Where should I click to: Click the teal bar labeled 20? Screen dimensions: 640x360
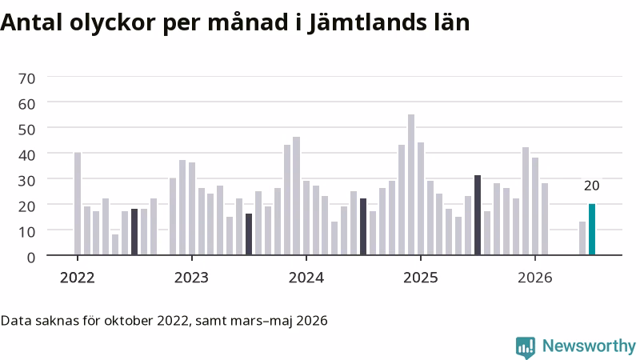coord(591,230)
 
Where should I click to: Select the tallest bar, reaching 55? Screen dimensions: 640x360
coord(411,185)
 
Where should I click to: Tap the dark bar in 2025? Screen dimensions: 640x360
coord(478,215)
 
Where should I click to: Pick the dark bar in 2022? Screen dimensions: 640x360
coord(134,232)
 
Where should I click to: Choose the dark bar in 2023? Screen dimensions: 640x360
coord(249,234)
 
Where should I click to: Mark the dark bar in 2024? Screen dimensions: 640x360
coord(363,227)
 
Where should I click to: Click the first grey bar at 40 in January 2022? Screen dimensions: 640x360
coord(78,204)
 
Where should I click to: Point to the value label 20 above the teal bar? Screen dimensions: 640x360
coord(591,186)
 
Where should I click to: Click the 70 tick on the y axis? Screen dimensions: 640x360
coord(26,78)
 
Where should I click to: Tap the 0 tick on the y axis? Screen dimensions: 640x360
coord(31,258)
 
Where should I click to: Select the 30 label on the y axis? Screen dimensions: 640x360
coord(26,181)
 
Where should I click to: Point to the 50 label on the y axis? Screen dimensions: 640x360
coord(26,130)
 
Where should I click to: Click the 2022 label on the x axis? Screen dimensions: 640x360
coord(77,278)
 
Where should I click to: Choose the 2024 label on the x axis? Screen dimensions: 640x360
coord(306,278)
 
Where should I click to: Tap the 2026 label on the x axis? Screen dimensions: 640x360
coord(535,278)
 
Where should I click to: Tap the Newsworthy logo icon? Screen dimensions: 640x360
coord(526,347)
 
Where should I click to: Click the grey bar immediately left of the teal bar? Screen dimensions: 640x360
coord(582,238)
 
